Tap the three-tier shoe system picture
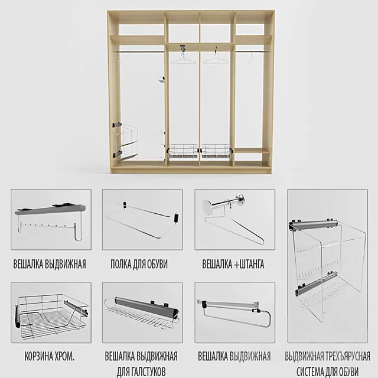click(x=327, y=265)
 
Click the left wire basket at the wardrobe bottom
click(x=183, y=152)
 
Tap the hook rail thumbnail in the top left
click(x=51, y=219)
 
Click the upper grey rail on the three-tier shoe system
click(x=315, y=224)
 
